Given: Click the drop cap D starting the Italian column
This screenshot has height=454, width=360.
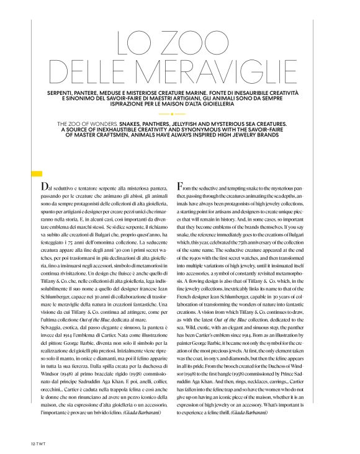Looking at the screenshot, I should [42, 187].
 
